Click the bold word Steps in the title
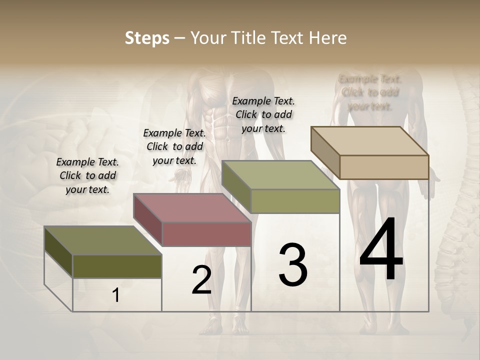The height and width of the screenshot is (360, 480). click(x=147, y=38)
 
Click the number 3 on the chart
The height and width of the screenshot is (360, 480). click(x=292, y=265)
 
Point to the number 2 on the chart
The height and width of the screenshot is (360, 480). click(x=201, y=280)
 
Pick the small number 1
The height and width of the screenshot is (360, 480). click(x=115, y=295)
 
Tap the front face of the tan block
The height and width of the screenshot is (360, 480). click(x=384, y=167)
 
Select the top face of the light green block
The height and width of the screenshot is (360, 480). click(x=281, y=175)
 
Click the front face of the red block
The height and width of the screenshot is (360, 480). click(x=206, y=234)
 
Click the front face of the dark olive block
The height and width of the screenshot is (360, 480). click(x=117, y=266)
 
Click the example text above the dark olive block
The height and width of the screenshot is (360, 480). click(x=88, y=175)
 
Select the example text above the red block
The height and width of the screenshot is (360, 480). click(x=174, y=146)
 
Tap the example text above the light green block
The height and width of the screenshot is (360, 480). click(x=263, y=114)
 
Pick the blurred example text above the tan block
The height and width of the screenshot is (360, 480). click(x=370, y=92)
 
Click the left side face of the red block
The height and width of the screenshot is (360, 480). click(x=148, y=220)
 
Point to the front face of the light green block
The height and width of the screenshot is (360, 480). click(x=295, y=201)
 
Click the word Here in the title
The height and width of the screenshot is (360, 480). click(x=328, y=38)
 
